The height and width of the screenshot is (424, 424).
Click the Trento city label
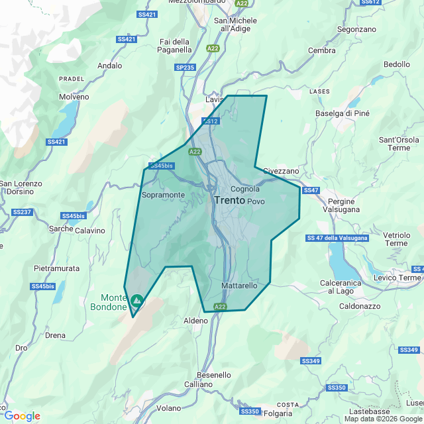[x=230, y=199]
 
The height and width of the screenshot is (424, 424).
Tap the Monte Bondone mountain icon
[x=136, y=301]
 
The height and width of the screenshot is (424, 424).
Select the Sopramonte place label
[x=164, y=195]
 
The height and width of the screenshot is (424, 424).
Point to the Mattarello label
[x=238, y=286]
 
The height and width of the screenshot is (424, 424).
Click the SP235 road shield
[x=185, y=68]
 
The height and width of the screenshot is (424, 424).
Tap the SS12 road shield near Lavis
[x=211, y=121]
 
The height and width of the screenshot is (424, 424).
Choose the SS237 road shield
[x=22, y=212]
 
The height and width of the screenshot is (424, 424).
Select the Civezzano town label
[x=281, y=171]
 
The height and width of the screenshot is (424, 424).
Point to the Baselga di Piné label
[x=343, y=113]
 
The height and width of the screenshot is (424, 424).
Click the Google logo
[x=21, y=415]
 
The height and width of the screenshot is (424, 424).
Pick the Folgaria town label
[x=278, y=413]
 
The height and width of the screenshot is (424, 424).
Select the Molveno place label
[x=74, y=97]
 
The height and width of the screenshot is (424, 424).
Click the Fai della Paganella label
[x=175, y=46]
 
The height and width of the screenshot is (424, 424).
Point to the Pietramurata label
[x=56, y=268]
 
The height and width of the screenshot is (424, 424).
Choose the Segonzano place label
[x=356, y=30]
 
